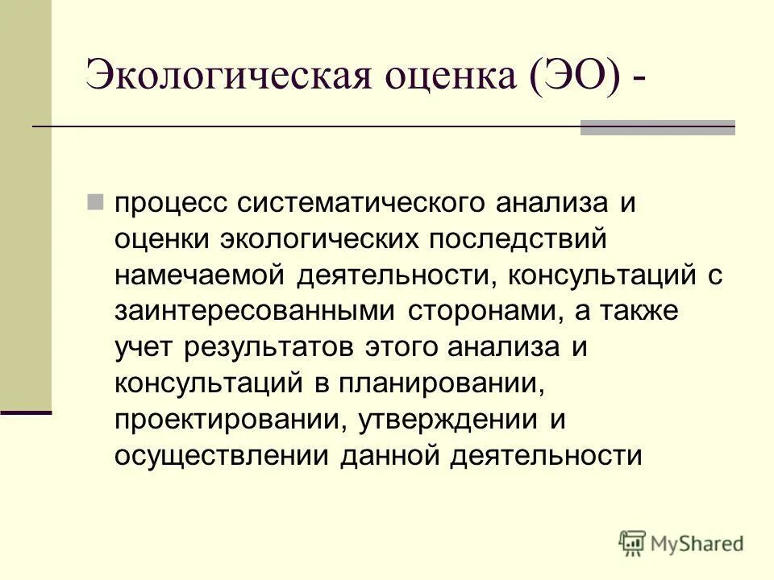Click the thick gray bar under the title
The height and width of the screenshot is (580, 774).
coord(658,127)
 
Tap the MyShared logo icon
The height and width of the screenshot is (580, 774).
coord(633,543)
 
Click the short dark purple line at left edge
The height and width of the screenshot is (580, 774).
coord(26,412)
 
